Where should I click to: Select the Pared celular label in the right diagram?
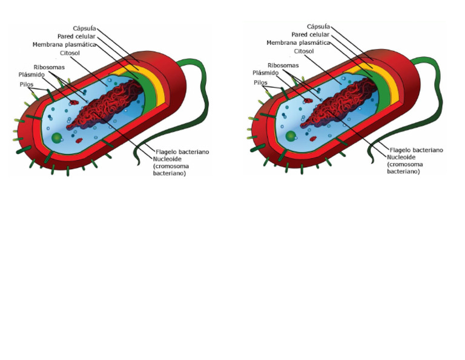(x=310, y=35)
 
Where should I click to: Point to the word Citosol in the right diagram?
(x=304, y=52)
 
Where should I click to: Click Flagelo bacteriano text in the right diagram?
(x=416, y=150)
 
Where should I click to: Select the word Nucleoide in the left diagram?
(x=168, y=159)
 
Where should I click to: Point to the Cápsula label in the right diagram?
(x=318, y=27)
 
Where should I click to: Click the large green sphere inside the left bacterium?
(x=56, y=138)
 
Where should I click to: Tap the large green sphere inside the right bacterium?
(x=291, y=136)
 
